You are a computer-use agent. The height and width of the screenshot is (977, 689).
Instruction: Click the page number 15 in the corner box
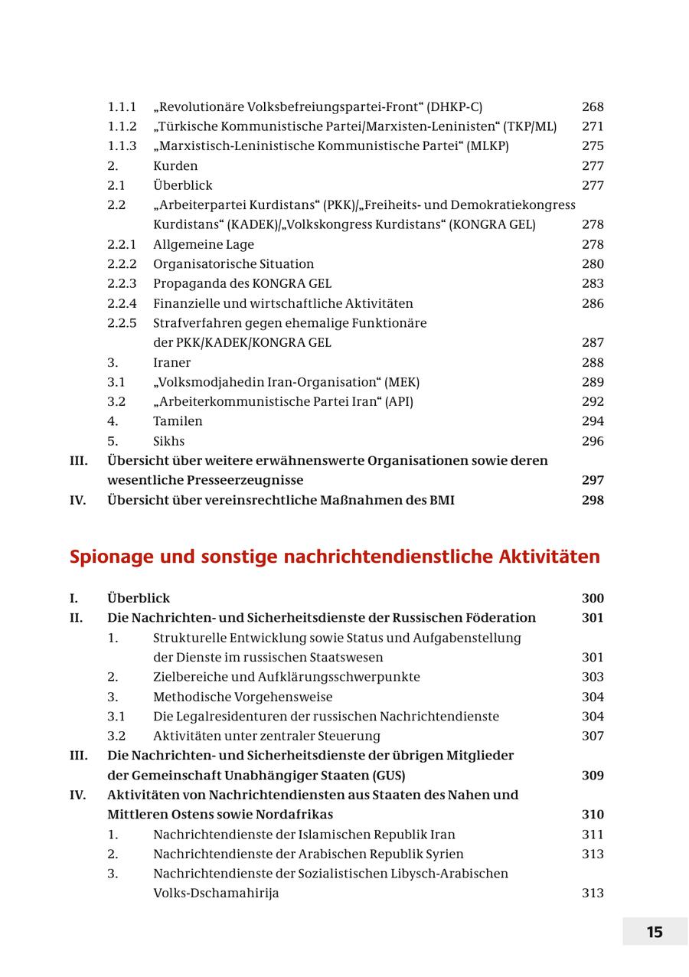(x=655, y=932)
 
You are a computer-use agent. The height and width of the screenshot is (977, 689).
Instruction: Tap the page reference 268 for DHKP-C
(x=593, y=107)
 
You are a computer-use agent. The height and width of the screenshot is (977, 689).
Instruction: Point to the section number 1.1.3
(x=122, y=146)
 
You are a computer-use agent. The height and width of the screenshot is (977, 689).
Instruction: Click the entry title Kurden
(x=175, y=166)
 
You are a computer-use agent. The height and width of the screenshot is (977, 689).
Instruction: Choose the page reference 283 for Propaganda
(x=593, y=284)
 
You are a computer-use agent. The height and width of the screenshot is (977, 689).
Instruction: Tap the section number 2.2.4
(x=122, y=303)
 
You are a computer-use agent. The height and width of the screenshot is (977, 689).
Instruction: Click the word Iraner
(x=171, y=363)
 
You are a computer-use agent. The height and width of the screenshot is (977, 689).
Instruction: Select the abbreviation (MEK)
(x=402, y=382)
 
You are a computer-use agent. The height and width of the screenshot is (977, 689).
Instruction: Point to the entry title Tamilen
(x=178, y=421)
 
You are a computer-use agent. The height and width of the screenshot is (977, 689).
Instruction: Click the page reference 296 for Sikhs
(x=593, y=441)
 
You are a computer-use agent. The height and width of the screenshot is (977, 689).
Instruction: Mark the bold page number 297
(x=593, y=480)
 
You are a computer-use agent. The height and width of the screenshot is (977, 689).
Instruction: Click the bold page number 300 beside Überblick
(x=593, y=599)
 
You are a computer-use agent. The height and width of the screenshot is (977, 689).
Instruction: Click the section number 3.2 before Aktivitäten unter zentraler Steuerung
(x=116, y=736)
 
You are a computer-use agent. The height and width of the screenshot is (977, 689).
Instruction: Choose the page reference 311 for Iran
(x=593, y=835)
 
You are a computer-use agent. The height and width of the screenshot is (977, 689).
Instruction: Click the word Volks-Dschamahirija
(x=216, y=894)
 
